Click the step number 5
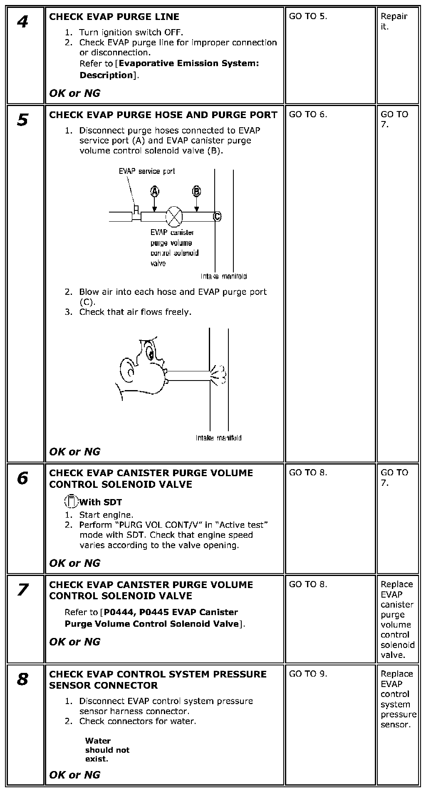tap(22, 120)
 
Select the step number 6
tap(22, 478)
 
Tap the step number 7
tap(22, 590)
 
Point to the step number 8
tap(22, 679)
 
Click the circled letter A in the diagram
tap(154, 191)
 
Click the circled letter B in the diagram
tap(196, 191)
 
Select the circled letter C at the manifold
tap(217, 216)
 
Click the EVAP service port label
tap(147, 171)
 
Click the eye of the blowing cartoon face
tap(150, 353)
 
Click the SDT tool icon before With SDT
tap(72, 502)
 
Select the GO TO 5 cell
tap(308, 16)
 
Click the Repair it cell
tap(394, 21)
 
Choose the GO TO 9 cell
tap(308, 674)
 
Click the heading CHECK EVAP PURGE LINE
tap(114, 17)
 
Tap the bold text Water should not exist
tap(107, 749)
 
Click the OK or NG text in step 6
tap(74, 563)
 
